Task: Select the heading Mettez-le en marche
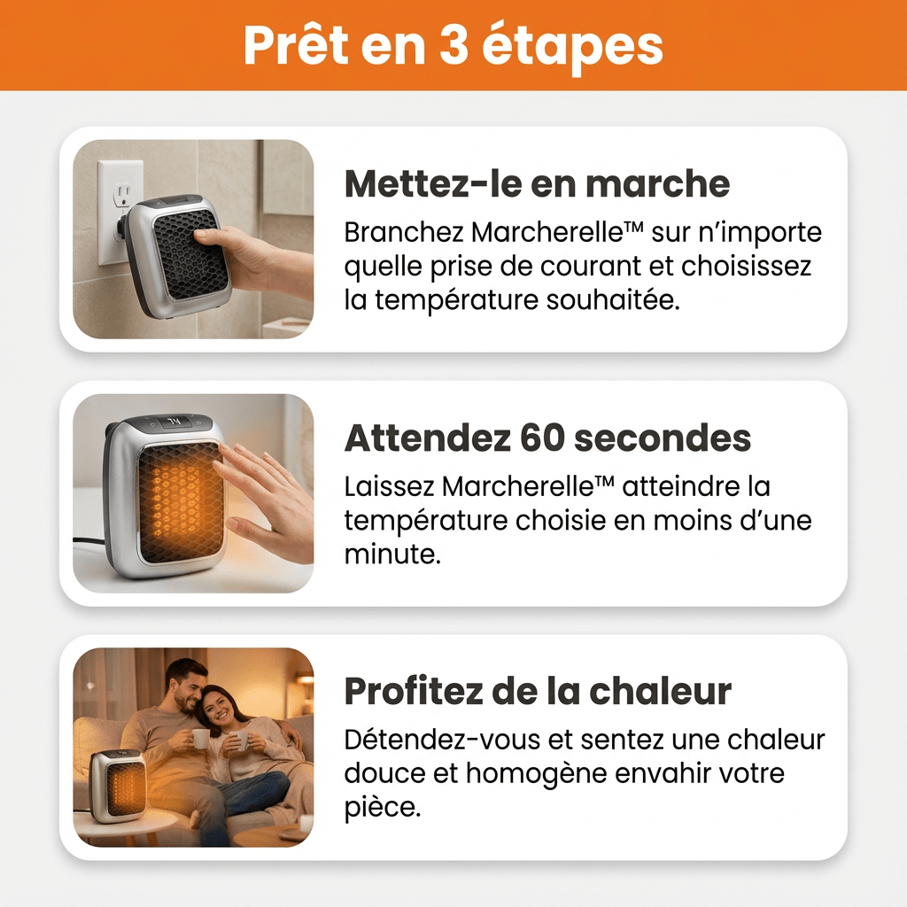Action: coord(537,183)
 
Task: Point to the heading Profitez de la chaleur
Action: coord(538,691)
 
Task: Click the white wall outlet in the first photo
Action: coord(119,209)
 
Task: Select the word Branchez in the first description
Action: coord(404,233)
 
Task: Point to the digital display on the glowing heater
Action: coord(173,422)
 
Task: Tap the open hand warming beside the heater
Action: coord(266,500)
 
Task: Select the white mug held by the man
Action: coord(201,738)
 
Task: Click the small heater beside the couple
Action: coord(118,785)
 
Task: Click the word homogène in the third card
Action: coord(541,774)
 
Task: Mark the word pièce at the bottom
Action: coord(380,809)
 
